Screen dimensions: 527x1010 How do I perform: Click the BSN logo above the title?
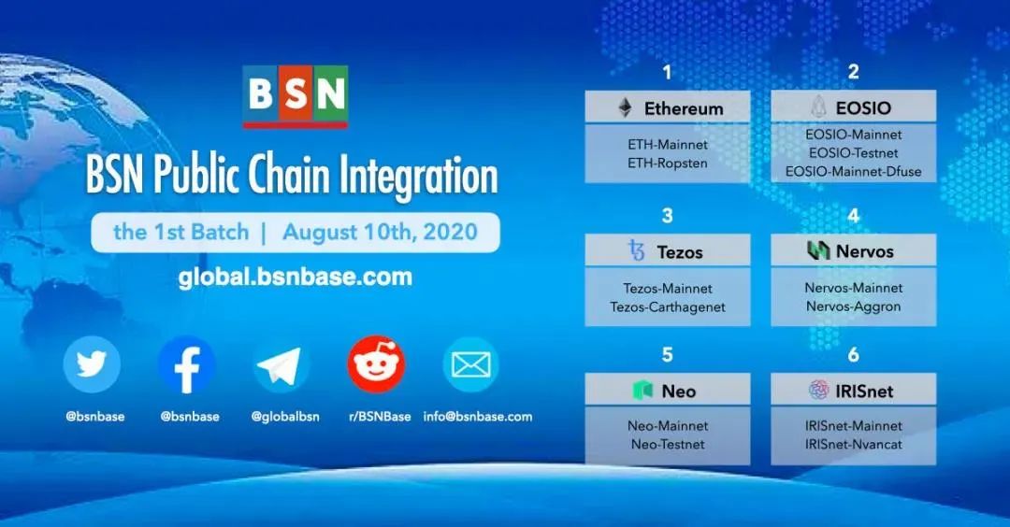[295, 95]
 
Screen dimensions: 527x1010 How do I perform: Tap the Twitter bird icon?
[92, 364]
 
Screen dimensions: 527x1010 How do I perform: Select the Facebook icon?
[187, 364]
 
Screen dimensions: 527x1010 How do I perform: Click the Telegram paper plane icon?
[281, 365]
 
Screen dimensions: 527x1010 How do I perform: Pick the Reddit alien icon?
[376, 364]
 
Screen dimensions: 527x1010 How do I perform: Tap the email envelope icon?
[470, 364]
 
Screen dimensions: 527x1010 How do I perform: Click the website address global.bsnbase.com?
[295, 278]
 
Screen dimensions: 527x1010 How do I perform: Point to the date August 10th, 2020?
[380, 232]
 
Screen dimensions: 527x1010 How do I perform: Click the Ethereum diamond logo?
[625, 108]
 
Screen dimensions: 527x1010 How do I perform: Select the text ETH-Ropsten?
[668, 163]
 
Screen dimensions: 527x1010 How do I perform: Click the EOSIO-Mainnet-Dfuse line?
[853, 171]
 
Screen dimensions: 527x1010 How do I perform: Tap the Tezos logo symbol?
[637, 251]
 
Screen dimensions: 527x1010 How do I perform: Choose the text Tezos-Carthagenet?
[668, 306]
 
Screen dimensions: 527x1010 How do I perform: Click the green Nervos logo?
[818, 250]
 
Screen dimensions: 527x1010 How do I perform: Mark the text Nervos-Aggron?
[853, 306]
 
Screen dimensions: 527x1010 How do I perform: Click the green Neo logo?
[642, 391]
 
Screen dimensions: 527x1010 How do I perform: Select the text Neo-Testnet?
[668, 444]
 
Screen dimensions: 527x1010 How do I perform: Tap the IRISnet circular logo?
[818, 391]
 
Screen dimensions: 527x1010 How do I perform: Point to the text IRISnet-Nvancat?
[853, 444]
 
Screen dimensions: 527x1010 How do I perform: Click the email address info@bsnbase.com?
[478, 417]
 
